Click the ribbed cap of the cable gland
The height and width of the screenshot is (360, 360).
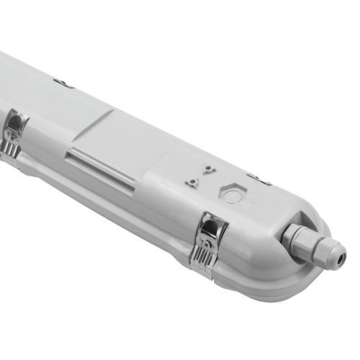point(328,248)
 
